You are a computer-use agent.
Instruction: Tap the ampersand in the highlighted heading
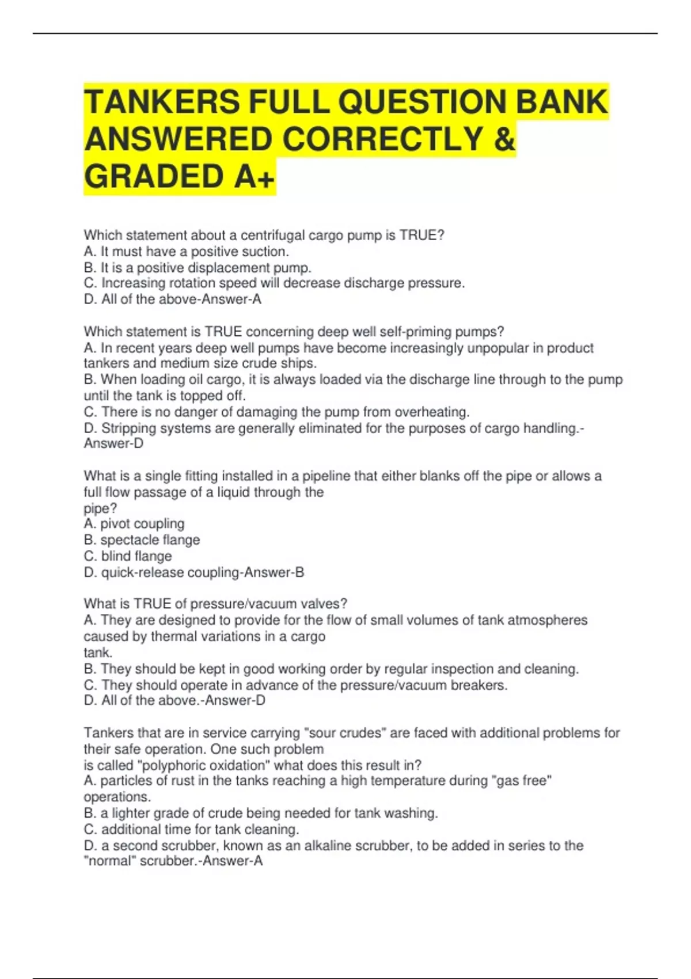504,139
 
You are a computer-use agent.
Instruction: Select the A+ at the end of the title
255,176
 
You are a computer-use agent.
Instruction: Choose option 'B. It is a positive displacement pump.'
198,268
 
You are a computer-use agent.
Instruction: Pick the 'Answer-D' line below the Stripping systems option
113,443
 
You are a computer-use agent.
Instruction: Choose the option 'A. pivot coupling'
134,523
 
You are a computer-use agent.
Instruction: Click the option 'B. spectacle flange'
142,540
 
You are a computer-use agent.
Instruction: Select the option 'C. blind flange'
128,556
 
